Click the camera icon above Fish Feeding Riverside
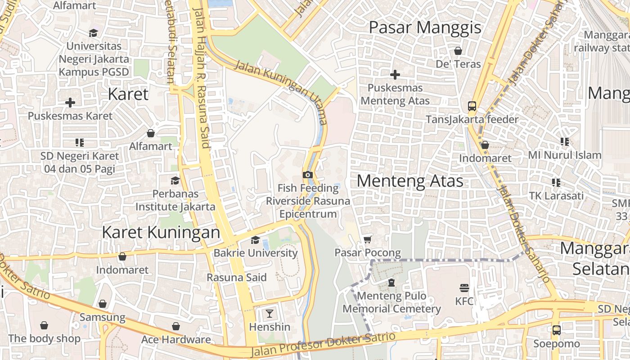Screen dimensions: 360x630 pyautogui.click(x=308, y=175)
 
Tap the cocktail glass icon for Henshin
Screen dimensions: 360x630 pyautogui.click(x=270, y=313)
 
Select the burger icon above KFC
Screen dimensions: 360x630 pyautogui.click(x=464, y=288)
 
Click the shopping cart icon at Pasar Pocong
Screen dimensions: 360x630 pyautogui.click(x=368, y=239)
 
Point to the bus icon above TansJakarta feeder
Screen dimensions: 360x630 pyautogui.click(x=472, y=106)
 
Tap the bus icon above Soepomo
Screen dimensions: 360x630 pyautogui.click(x=557, y=330)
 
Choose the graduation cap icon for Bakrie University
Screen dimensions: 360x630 pyautogui.click(x=256, y=240)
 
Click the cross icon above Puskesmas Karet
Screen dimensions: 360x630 pyautogui.click(x=70, y=103)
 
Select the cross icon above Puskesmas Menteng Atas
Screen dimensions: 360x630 pyautogui.click(x=395, y=74)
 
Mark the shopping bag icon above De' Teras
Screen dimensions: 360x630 pyautogui.click(x=458, y=51)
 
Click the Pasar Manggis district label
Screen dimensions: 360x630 pyautogui.click(x=425, y=27)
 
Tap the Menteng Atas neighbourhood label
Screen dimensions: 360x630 pyautogui.click(x=410, y=181)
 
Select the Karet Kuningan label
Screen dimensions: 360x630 pyautogui.click(x=161, y=233)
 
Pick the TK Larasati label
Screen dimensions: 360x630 pyautogui.click(x=556, y=196)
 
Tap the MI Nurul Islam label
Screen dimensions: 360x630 pyautogui.click(x=565, y=155)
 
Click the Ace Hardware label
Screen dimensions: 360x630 pyautogui.click(x=176, y=339)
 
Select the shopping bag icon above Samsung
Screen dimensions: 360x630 pyautogui.click(x=103, y=304)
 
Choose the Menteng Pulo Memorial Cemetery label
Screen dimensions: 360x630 pyautogui.click(x=391, y=302)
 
